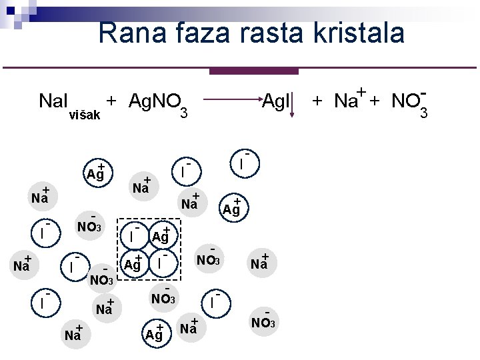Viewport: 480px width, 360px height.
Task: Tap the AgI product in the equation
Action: (275, 101)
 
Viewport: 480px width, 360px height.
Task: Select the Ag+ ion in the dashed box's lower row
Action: (134, 263)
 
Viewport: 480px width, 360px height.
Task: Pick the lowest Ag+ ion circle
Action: (155, 334)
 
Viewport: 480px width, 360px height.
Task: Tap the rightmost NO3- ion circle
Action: (263, 322)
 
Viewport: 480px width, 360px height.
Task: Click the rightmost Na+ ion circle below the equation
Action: (260, 263)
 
